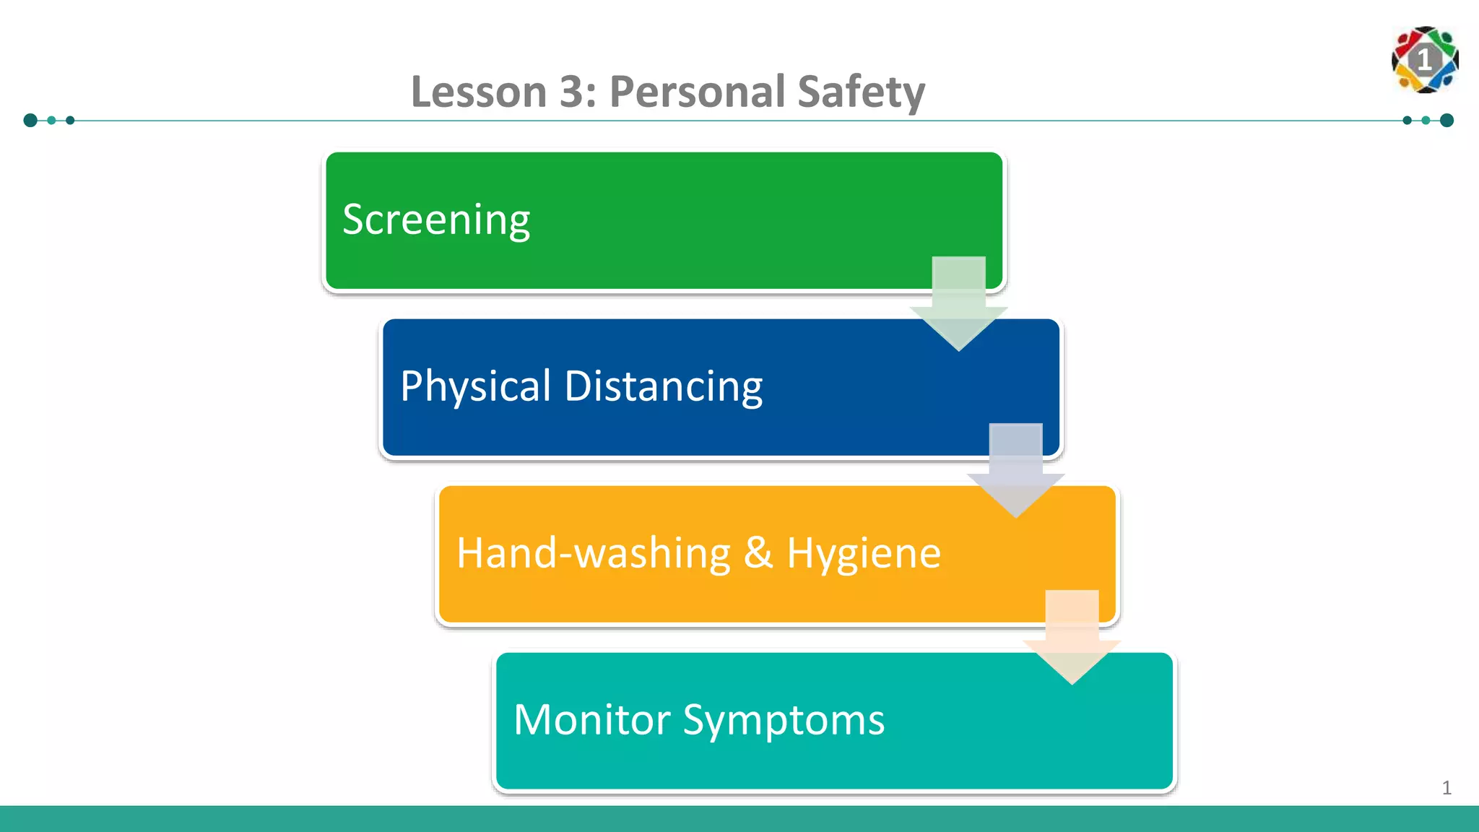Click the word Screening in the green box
(x=436, y=220)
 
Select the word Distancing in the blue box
(x=663, y=386)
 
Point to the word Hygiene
(x=864, y=553)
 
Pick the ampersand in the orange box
(x=758, y=553)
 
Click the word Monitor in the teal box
(x=592, y=720)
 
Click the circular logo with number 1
(x=1425, y=60)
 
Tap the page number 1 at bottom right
(x=1447, y=787)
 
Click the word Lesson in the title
(x=479, y=92)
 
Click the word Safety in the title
(x=861, y=92)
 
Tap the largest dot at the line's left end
(x=30, y=120)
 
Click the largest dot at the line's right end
(x=1447, y=120)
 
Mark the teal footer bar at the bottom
(x=739, y=819)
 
